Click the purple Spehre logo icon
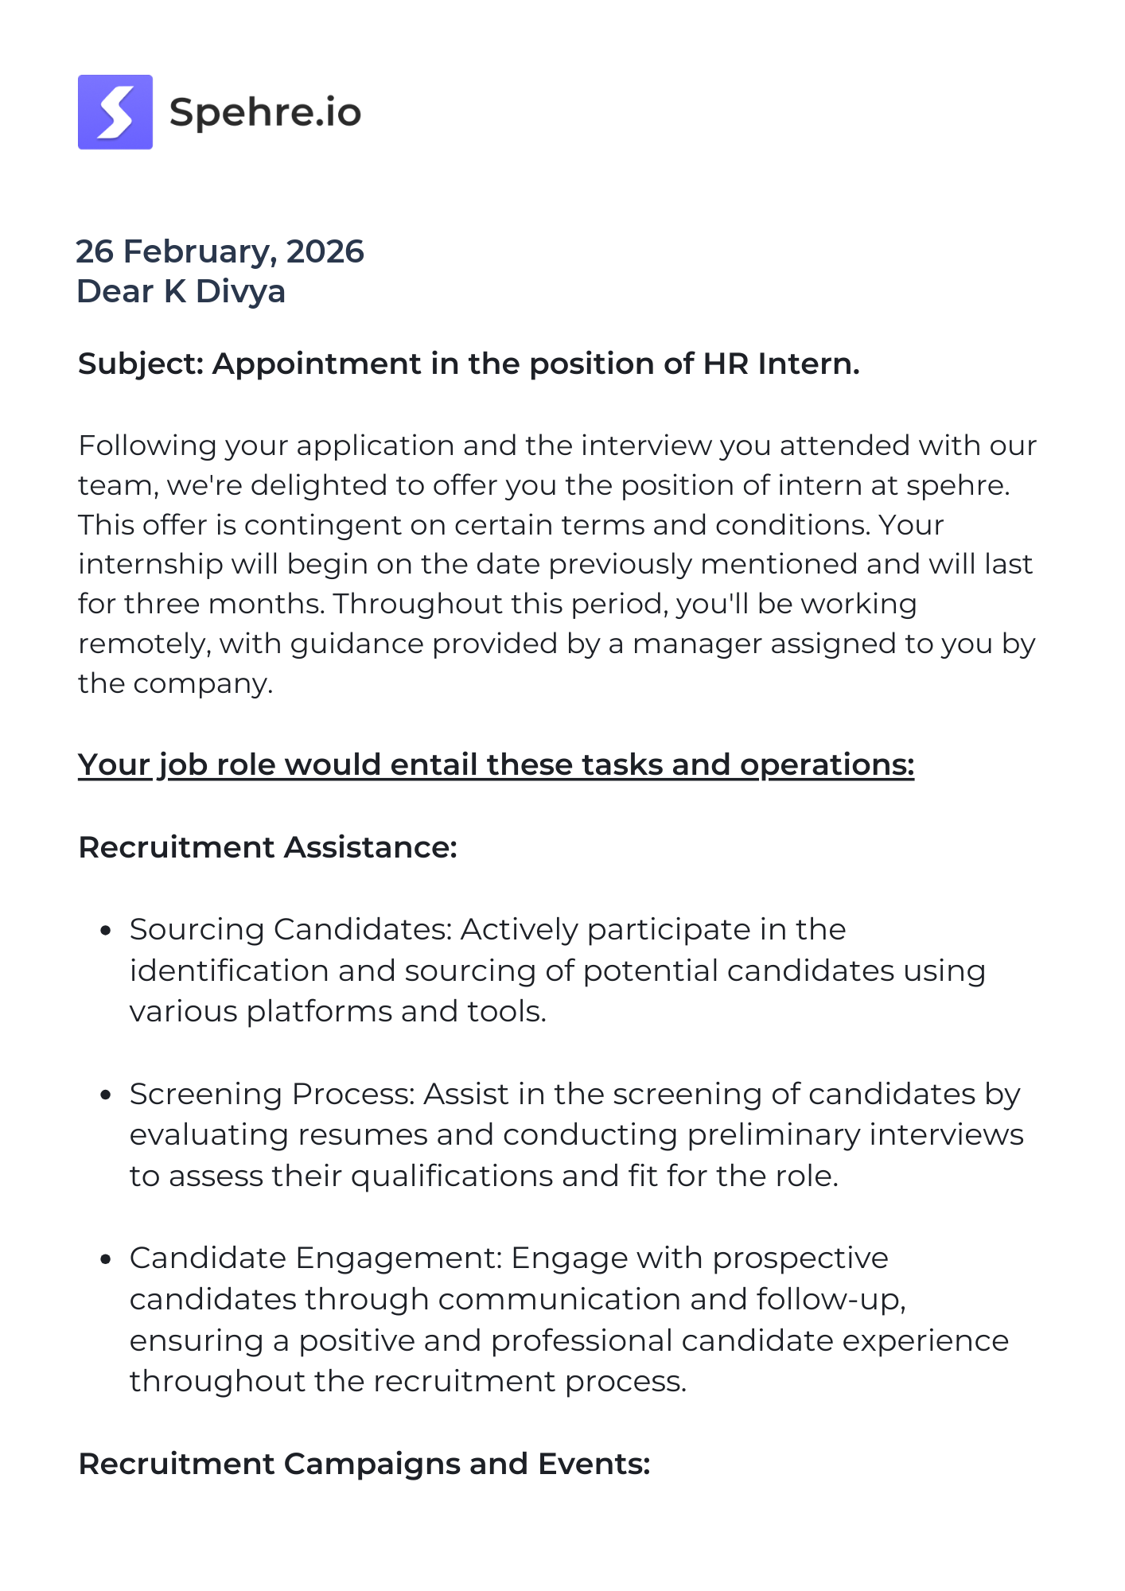point(115,112)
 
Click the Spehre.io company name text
point(265,112)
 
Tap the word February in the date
point(200,251)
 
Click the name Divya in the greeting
point(240,291)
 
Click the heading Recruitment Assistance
point(267,847)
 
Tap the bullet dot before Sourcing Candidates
point(106,931)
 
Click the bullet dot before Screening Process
point(106,1095)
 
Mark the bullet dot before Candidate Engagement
point(106,1259)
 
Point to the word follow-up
point(831,1300)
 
